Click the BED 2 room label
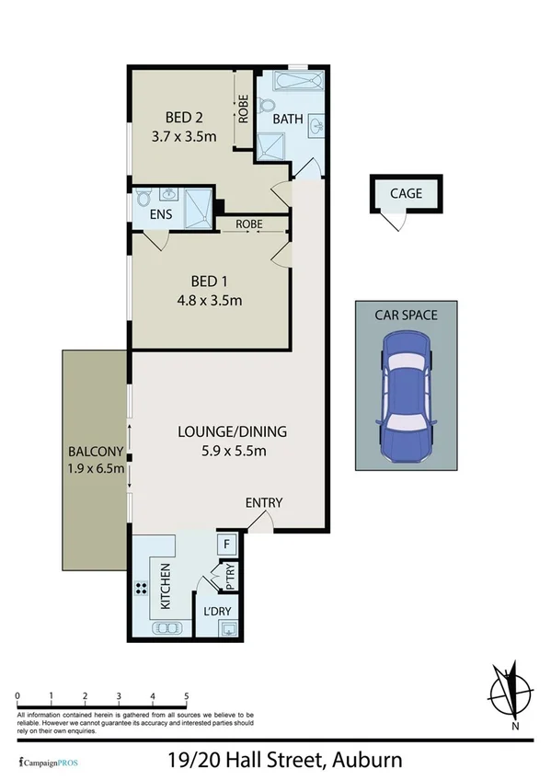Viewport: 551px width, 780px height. (x=184, y=117)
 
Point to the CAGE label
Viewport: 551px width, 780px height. (x=406, y=193)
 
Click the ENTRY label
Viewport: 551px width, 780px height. (x=263, y=503)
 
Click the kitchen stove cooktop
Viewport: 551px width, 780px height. (x=143, y=590)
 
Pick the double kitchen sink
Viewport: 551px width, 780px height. (x=166, y=629)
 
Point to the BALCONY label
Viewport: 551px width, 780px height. (x=96, y=453)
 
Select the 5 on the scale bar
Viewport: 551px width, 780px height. (x=187, y=695)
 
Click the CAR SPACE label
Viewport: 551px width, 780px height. (x=406, y=315)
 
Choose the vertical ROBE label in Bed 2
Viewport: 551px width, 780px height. (x=244, y=110)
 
